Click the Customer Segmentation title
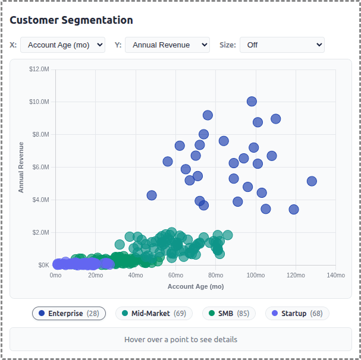pos(71,20)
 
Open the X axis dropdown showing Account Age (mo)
pos(62,45)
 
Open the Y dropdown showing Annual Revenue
pos(167,45)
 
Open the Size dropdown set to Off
pos(282,45)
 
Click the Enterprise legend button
pos(69,313)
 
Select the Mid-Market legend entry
pos(154,313)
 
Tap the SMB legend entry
pos(229,313)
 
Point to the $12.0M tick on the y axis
pos(39,70)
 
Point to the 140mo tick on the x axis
pos(335,276)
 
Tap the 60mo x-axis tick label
pos(175,276)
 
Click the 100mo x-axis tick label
pos(256,276)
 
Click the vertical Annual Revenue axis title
pos(21,167)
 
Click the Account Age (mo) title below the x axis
pos(196,286)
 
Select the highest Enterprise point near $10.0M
pos(252,102)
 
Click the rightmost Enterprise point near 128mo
pos(312,181)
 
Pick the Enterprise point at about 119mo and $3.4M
pos(294,209)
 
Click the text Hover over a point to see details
pos(181,340)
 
